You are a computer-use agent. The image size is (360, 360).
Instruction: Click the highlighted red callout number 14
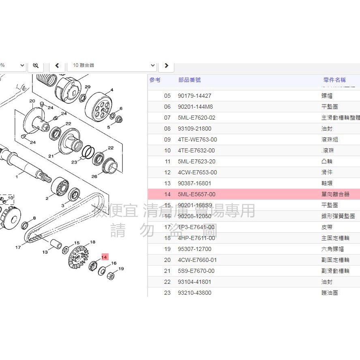point(105,257)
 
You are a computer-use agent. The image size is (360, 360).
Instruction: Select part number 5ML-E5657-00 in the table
point(196,194)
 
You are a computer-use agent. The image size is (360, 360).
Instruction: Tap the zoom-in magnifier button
point(36,65)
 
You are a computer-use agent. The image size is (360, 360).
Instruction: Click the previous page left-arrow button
point(57,65)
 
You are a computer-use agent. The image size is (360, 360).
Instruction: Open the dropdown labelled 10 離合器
point(114,65)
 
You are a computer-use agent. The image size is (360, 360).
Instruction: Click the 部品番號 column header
point(189,80)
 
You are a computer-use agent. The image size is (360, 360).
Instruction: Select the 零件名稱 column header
point(334,80)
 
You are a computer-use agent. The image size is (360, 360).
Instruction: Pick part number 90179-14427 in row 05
point(194,96)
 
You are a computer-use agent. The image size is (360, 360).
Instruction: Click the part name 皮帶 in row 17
point(327,227)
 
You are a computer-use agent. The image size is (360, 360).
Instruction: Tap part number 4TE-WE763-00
point(197,139)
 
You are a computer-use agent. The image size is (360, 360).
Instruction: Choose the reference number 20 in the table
point(167,260)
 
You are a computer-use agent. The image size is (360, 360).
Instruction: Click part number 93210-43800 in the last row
point(194,293)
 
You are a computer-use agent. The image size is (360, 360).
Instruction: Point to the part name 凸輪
point(327,161)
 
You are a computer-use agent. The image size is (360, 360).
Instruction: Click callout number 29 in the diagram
point(88,87)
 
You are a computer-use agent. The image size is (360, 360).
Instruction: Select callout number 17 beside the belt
point(18,247)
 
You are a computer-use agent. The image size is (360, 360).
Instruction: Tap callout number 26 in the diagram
point(94,176)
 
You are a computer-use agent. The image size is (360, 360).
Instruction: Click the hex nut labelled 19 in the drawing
point(110,276)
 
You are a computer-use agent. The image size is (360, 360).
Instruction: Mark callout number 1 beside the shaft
point(17,177)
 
